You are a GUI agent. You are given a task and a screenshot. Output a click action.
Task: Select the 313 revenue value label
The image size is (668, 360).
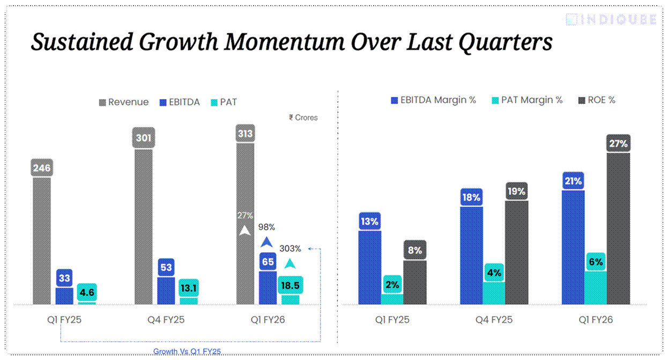click(x=245, y=133)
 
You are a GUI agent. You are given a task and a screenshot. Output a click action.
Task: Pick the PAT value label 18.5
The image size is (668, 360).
click(x=290, y=285)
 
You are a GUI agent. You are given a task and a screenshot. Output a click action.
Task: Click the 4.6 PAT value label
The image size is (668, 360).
click(x=87, y=292)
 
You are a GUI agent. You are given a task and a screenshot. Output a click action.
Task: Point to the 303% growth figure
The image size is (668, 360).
click(x=290, y=249)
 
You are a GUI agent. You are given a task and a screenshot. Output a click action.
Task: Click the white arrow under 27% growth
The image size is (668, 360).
click(x=245, y=231)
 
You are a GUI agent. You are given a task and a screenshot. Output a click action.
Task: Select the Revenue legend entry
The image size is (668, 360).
click(x=124, y=102)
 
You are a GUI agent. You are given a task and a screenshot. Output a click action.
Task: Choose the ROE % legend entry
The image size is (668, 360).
click(x=597, y=100)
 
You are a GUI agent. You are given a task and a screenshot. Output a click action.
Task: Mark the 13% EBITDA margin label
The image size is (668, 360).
click(x=369, y=221)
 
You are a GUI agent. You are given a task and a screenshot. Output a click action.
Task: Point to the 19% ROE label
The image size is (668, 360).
click(x=517, y=191)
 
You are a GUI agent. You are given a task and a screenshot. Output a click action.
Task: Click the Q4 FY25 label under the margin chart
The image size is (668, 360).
click(x=494, y=320)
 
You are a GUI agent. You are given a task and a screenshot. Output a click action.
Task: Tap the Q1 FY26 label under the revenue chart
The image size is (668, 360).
click(x=268, y=320)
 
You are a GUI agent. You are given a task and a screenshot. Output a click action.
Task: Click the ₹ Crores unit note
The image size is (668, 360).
click(x=303, y=117)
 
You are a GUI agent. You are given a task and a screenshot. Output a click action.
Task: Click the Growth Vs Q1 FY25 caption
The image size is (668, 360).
click(x=187, y=351)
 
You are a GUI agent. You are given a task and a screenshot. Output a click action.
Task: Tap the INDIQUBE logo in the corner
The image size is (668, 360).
click(x=611, y=20)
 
